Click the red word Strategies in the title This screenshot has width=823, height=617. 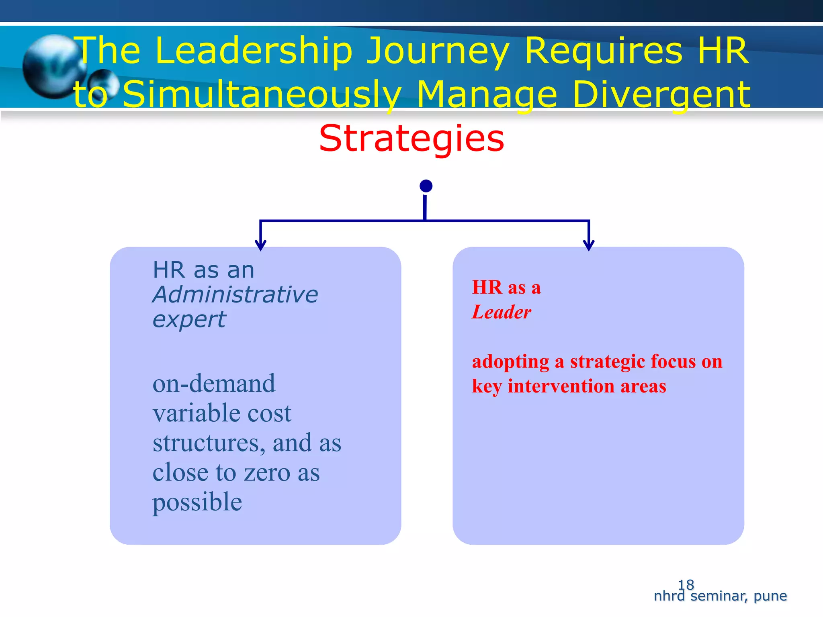point(411,139)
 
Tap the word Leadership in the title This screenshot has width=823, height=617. point(254,51)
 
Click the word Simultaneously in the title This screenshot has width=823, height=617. point(261,94)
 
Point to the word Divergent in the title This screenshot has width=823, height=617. point(661,94)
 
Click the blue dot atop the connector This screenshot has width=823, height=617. point(426,186)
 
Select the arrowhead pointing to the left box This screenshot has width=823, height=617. point(261,245)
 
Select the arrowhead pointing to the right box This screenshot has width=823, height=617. point(589,245)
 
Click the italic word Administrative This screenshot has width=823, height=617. point(235,294)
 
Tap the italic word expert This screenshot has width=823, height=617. point(189,320)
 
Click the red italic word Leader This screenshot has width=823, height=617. point(501,312)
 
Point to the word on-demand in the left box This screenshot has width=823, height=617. point(214,383)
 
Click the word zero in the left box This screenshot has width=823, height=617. point(267,472)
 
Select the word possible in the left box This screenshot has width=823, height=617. point(197,502)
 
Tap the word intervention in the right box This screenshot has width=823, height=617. point(561,386)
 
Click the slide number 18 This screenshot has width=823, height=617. point(686,584)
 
